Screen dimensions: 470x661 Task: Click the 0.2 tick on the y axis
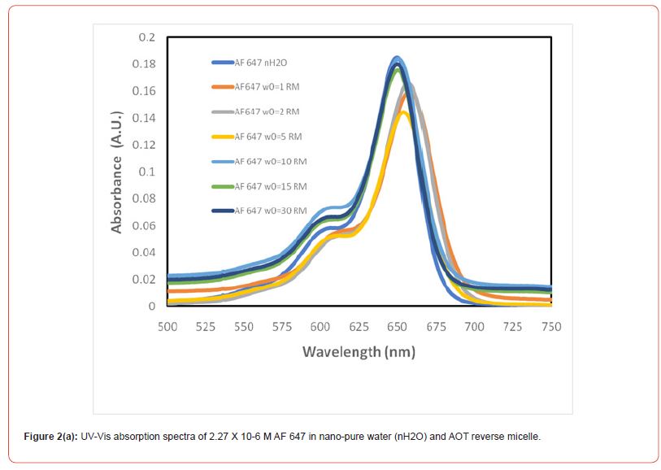click(x=146, y=37)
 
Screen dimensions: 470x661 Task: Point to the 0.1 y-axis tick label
click(x=146, y=172)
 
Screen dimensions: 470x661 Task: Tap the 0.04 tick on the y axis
click(x=144, y=252)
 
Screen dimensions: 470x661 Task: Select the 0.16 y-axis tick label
click(x=144, y=91)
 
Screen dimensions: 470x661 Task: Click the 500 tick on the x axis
click(x=167, y=326)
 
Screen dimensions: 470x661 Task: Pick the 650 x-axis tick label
click(x=397, y=326)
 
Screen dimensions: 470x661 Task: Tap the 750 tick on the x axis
click(x=550, y=326)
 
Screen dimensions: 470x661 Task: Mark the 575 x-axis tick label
click(x=282, y=326)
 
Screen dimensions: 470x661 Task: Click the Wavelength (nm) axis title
click(x=359, y=352)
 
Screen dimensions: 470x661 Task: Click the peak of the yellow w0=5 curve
click(x=403, y=112)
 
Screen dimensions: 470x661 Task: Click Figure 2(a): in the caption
click(x=50, y=437)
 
